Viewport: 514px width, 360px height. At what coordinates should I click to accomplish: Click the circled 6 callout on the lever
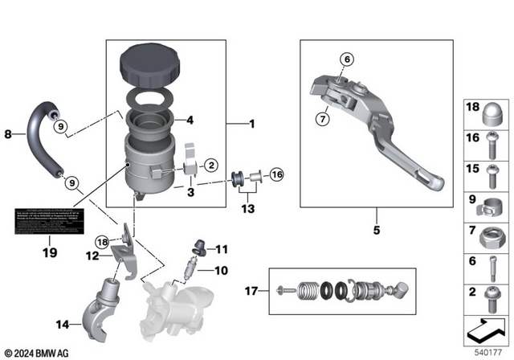[x=347, y=59]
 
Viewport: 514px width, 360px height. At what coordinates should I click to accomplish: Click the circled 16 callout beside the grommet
[x=277, y=174]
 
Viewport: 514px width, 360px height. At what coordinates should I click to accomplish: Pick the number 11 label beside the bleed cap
[x=221, y=249]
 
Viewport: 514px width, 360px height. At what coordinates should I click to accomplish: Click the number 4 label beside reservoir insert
[x=191, y=121]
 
